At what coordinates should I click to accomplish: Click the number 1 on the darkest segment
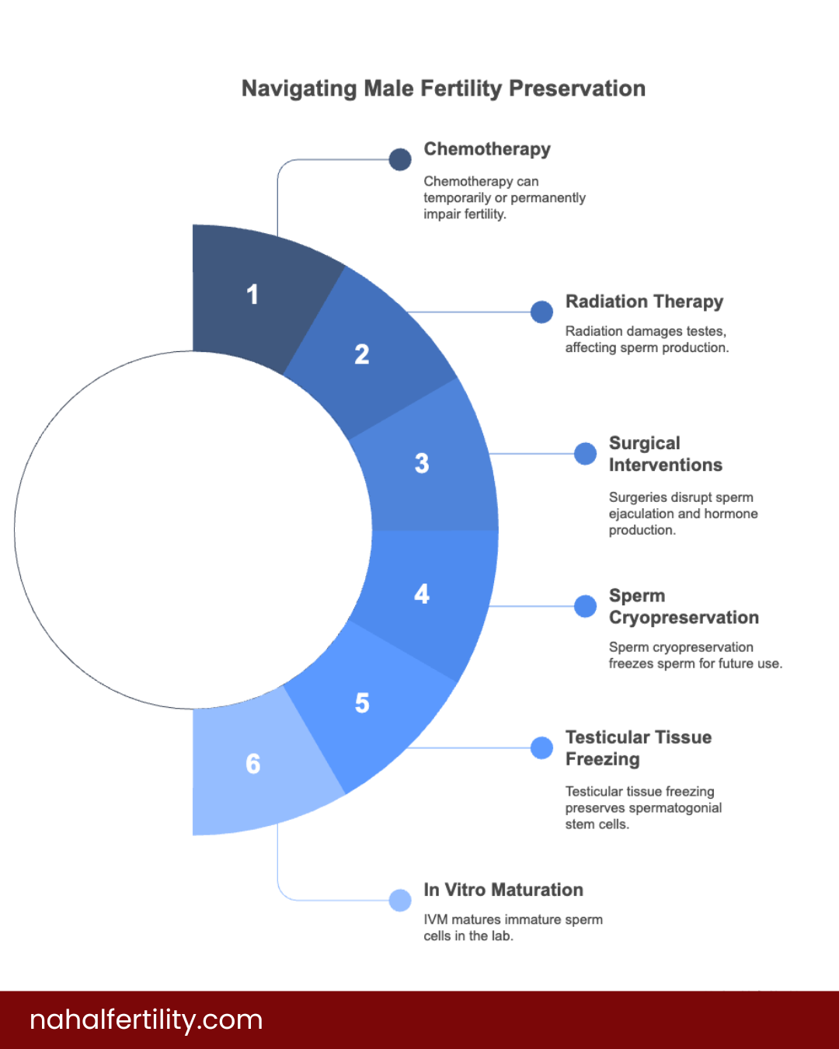coord(252,294)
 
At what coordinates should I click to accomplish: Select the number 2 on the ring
coord(362,354)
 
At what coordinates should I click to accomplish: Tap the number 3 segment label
coord(422,463)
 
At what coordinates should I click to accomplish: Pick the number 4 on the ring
coord(422,594)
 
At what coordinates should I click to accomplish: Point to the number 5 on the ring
coord(362,703)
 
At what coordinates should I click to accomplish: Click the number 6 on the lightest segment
coord(253,764)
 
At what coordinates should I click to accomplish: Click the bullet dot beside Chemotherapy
coord(400,159)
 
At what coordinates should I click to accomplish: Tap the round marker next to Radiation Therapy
coord(541,312)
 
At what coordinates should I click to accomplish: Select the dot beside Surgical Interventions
coord(585,454)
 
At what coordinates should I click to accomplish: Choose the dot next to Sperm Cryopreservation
coord(585,606)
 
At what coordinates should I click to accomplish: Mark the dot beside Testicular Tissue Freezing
coord(541,748)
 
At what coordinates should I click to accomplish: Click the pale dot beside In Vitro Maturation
coord(400,900)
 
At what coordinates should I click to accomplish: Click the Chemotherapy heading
coord(487,149)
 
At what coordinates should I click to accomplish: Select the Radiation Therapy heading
coord(644,301)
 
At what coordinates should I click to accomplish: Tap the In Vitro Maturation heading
coord(503,890)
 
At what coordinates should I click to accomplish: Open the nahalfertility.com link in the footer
coord(146,1019)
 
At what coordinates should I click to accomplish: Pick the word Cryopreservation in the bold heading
coord(684,618)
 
